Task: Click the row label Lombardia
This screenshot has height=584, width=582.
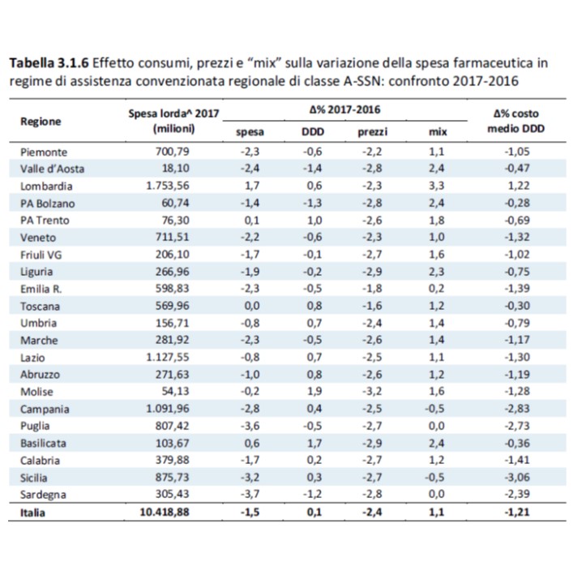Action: tap(46, 187)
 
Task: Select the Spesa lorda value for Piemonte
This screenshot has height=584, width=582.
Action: tap(173, 152)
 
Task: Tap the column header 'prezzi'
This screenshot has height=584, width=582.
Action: tap(373, 132)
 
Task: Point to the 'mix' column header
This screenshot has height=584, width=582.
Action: tap(438, 132)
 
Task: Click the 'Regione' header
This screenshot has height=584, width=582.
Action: tap(41, 122)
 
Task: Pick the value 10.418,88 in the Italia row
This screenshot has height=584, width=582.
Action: tap(165, 512)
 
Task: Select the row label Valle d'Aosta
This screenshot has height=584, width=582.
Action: tap(52, 169)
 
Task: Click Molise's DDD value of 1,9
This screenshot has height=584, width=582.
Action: tap(315, 392)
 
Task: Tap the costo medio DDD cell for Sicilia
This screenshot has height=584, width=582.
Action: tap(517, 478)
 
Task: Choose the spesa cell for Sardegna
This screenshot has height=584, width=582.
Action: tap(250, 494)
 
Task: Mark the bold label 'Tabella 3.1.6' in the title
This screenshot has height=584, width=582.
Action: tap(49, 63)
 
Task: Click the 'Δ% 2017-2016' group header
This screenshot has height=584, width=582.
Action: tap(345, 109)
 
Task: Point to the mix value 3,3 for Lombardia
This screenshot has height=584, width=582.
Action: tap(436, 186)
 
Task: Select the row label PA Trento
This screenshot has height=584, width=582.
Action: tap(45, 221)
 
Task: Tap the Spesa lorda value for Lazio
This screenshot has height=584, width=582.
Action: tap(168, 358)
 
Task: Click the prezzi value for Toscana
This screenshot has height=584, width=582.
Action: tap(372, 306)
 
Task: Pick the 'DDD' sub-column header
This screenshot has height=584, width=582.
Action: tap(313, 132)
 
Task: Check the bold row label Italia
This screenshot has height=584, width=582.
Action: tap(32, 513)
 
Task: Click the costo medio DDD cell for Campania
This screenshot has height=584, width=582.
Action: tap(517, 409)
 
